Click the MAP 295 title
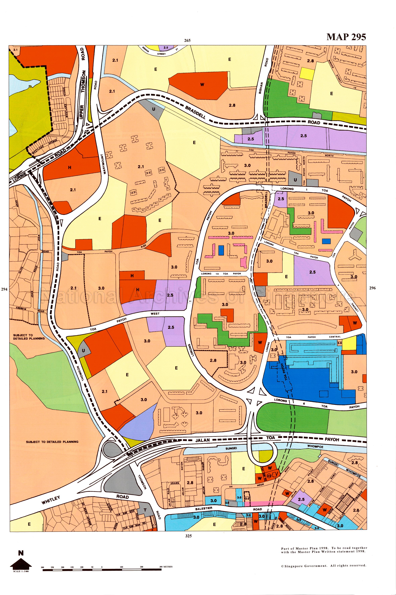pyautogui.click(x=346, y=37)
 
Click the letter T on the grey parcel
pyautogui.click(x=145, y=510)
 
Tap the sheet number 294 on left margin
pyautogui.click(x=4, y=289)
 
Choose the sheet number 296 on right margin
pyautogui.click(x=372, y=288)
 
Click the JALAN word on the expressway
pyautogui.click(x=203, y=440)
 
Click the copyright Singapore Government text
pyautogui.click(x=324, y=565)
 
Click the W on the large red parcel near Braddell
pyautogui.click(x=202, y=84)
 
